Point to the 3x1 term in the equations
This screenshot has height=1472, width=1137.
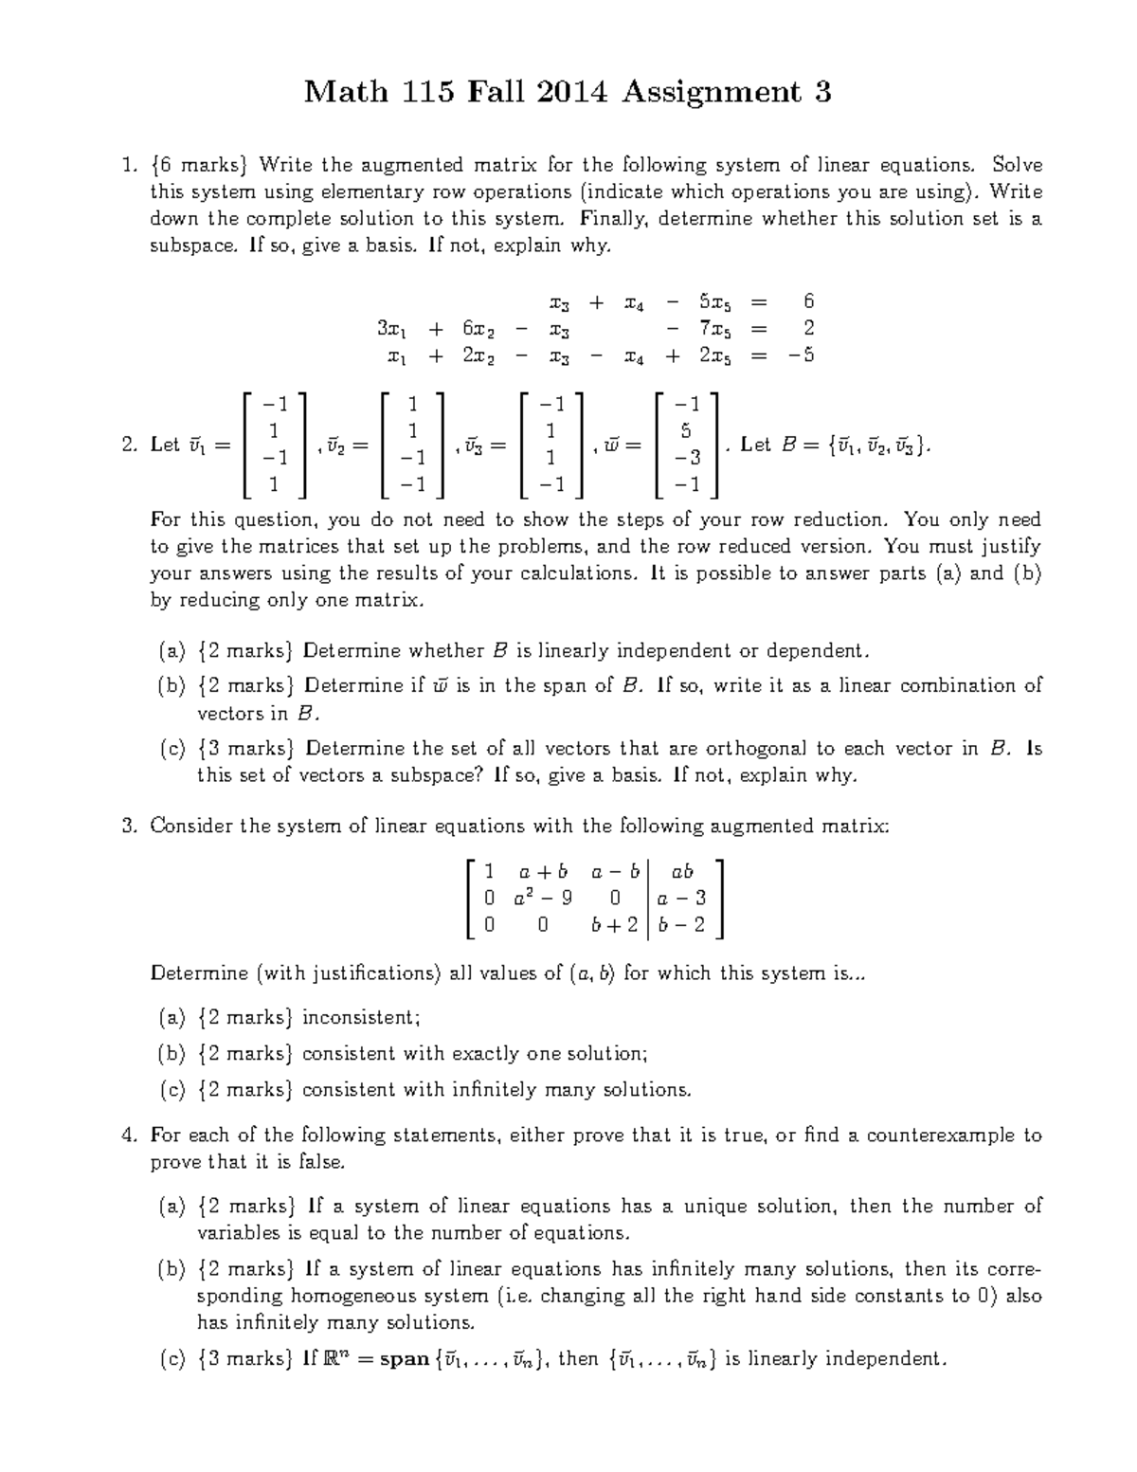[393, 329]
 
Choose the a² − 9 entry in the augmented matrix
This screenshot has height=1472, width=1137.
[543, 898]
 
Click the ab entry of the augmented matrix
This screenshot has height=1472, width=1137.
[681, 871]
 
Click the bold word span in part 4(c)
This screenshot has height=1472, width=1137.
[405, 1359]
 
